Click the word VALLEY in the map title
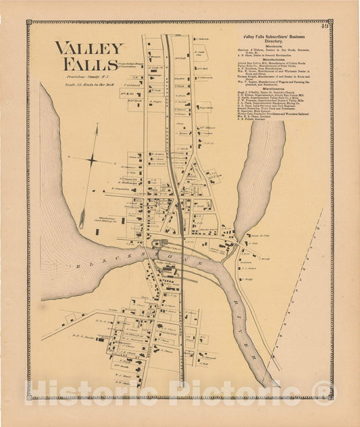click(x=90, y=48)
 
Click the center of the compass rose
click(x=93, y=160)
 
